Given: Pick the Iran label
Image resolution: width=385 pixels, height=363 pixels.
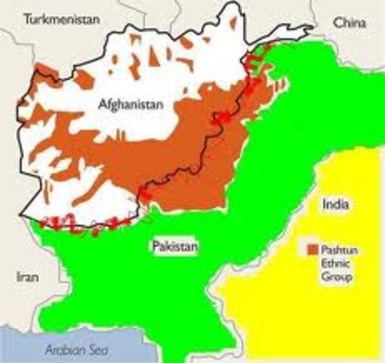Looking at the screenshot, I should (27, 278).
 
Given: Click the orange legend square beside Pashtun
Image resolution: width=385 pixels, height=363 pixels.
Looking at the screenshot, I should (311, 249).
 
